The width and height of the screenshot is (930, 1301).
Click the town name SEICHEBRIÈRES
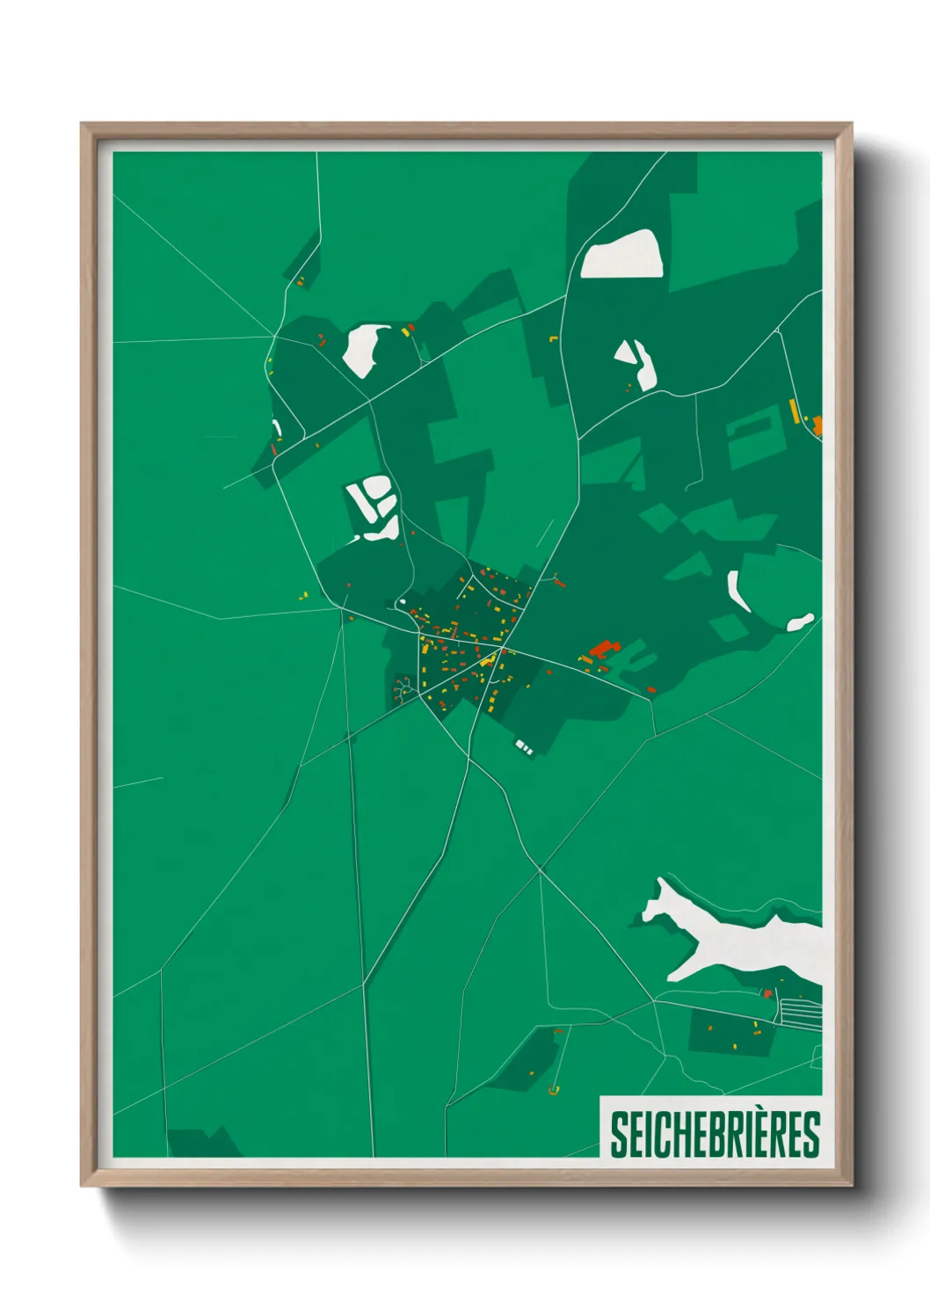[714, 1134]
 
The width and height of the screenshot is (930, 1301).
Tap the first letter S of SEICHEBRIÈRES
[619, 1134]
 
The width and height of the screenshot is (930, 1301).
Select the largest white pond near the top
[622, 255]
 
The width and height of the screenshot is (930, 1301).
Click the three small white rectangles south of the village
[523, 747]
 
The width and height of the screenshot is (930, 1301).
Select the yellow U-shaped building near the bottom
[553, 1091]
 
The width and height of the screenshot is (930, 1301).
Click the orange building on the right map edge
[817, 426]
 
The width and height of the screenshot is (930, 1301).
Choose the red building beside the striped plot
[767, 993]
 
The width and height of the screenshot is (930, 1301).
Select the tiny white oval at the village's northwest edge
[402, 603]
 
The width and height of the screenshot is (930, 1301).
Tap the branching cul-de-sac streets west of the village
[403, 688]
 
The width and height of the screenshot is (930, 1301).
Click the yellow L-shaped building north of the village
[554, 338]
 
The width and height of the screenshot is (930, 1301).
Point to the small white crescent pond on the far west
[278, 428]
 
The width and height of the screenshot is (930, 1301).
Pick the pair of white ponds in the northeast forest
[637, 362]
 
